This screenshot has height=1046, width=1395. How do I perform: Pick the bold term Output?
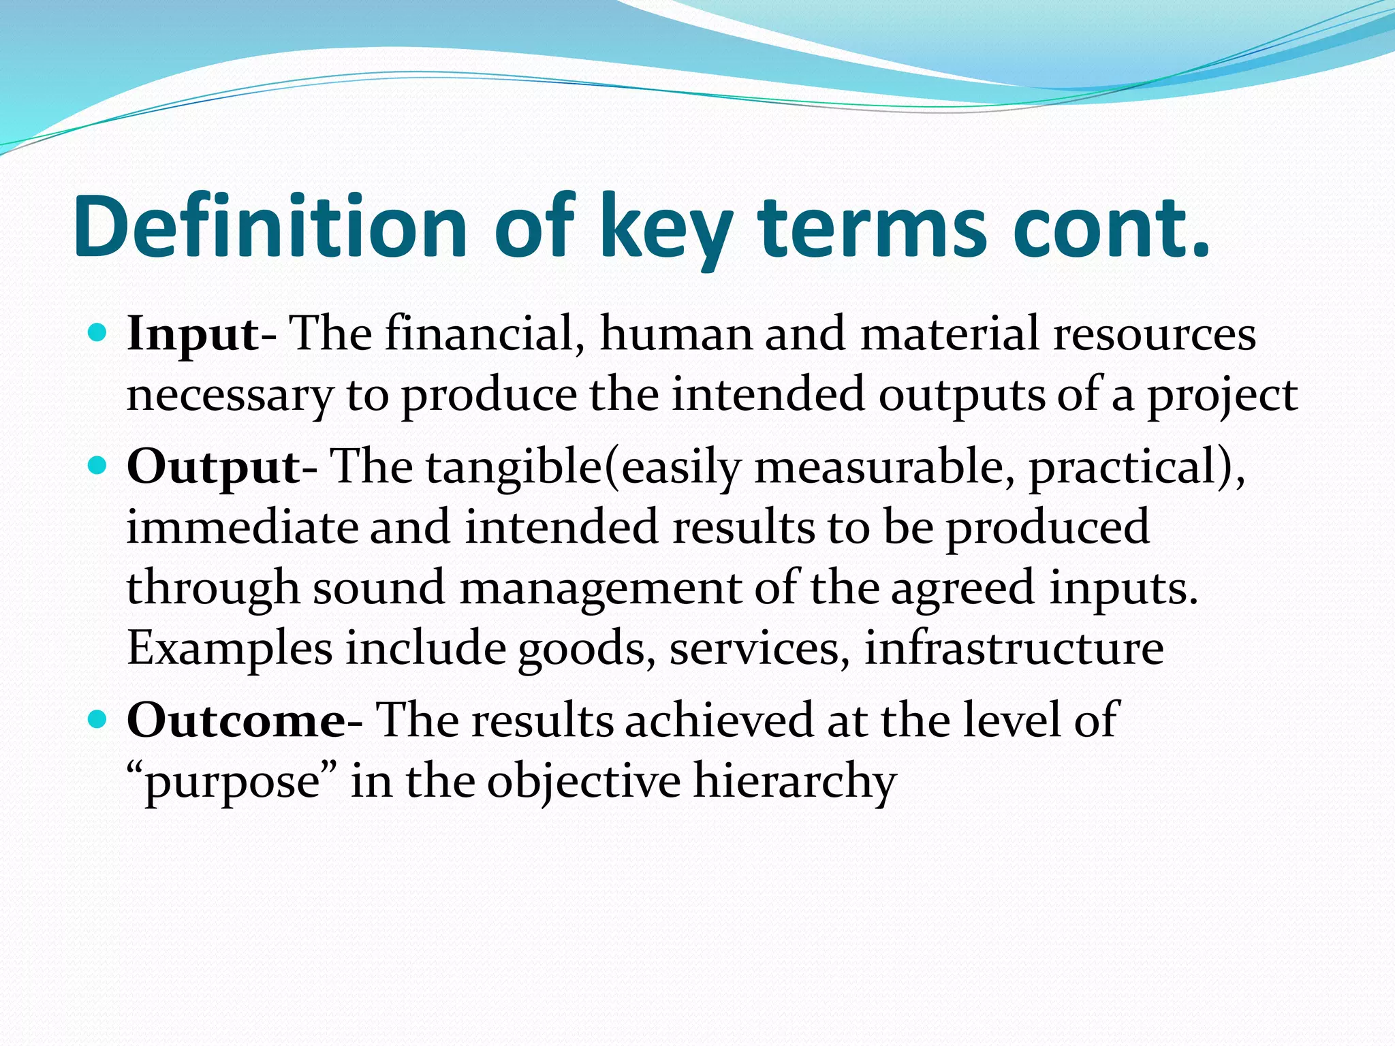tap(213, 467)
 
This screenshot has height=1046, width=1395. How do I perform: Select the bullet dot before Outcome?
tap(98, 719)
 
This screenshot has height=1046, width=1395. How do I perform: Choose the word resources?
tap(1154, 334)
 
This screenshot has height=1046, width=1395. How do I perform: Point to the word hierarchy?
tap(794, 782)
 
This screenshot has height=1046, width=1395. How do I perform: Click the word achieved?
tap(719, 720)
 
